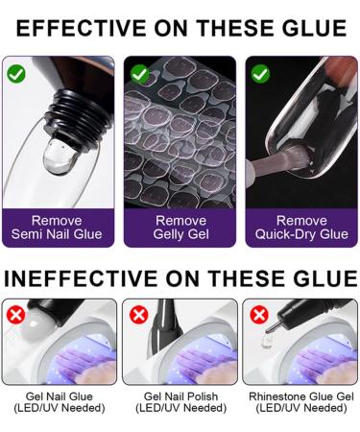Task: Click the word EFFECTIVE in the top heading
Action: pyautogui.click(x=82, y=28)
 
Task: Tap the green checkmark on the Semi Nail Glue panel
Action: pyautogui.click(x=16, y=73)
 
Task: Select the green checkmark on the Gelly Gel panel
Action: pyautogui.click(x=138, y=73)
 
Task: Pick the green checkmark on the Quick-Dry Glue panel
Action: pyautogui.click(x=259, y=73)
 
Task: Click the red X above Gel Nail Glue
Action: pyautogui.click(x=15, y=314)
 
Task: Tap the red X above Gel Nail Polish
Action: pyautogui.click(x=138, y=314)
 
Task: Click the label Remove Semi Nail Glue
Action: pyautogui.click(x=57, y=227)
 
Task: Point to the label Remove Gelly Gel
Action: pyautogui.click(x=180, y=227)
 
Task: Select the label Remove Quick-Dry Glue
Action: pyautogui.click(x=301, y=227)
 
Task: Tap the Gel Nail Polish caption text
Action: pyautogui.click(x=180, y=401)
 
